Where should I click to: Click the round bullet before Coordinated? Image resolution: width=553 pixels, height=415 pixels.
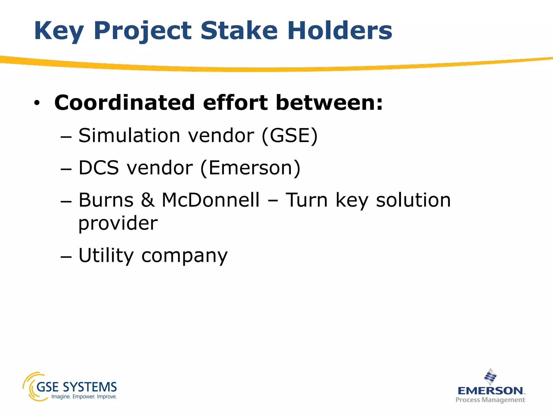(37, 103)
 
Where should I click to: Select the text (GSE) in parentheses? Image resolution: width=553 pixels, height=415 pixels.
(289, 135)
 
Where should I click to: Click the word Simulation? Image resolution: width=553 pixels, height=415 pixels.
(129, 135)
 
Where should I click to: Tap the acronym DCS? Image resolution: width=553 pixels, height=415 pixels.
(99, 168)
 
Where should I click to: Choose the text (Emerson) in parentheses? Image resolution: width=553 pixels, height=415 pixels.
(250, 168)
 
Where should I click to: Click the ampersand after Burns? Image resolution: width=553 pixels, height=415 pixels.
(148, 200)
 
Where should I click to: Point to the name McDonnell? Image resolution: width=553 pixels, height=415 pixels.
(210, 200)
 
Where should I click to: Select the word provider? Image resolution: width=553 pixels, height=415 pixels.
(118, 224)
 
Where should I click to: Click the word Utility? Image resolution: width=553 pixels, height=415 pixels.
(106, 255)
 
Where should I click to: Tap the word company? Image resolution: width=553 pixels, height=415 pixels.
(184, 256)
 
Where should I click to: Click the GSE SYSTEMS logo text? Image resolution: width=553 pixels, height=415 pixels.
(76, 387)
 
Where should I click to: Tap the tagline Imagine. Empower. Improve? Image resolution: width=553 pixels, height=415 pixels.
(84, 397)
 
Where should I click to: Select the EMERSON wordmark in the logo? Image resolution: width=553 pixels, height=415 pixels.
(490, 391)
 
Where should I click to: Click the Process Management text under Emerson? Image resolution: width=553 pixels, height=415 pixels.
(490, 400)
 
